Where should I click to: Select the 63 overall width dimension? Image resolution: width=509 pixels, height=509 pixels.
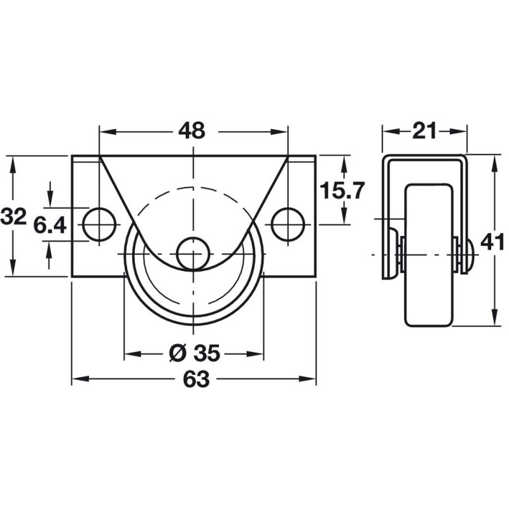(x=196, y=379)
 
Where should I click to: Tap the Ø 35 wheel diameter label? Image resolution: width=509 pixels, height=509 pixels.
(x=195, y=353)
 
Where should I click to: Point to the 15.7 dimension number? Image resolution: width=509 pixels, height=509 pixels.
(x=342, y=190)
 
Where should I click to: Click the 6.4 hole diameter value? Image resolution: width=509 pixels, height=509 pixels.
(x=50, y=225)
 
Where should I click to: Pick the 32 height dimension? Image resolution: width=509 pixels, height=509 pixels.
(x=13, y=216)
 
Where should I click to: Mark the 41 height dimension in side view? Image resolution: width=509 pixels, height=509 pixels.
(x=492, y=242)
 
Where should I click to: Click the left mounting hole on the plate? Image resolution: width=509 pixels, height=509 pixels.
(x=99, y=225)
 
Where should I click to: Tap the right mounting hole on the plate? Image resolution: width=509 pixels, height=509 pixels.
(x=288, y=225)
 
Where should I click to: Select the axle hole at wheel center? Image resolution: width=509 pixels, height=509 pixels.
(x=193, y=253)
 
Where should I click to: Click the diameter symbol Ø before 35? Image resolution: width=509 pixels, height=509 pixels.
(x=178, y=353)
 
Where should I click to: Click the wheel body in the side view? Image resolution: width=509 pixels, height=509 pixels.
(x=428, y=255)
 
